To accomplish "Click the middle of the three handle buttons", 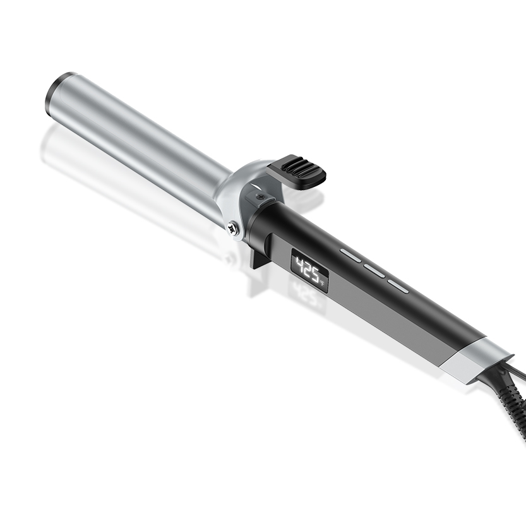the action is [374, 270].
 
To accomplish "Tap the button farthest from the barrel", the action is [398, 286].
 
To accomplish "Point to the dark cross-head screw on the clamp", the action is [260, 197].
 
